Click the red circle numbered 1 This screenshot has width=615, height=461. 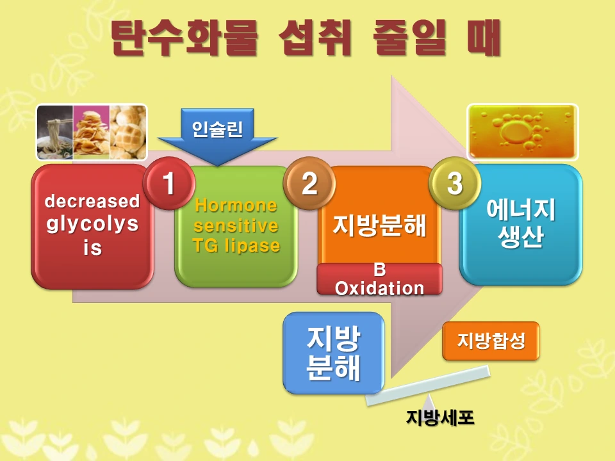[169, 184]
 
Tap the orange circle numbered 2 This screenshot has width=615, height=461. [309, 184]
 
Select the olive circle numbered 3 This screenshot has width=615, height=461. [454, 184]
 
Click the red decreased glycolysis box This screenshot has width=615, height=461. [92, 225]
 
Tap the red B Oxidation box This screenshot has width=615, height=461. [379, 279]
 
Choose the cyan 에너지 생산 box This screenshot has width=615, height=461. [521, 224]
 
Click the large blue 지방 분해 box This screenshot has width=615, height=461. [333, 353]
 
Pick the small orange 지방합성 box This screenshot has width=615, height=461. [491, 341]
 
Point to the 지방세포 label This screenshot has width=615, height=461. [440, 417]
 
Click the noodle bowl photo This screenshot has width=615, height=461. [54, 132]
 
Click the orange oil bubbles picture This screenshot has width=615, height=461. [522, 132]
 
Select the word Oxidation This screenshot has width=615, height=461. [379, 288]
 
